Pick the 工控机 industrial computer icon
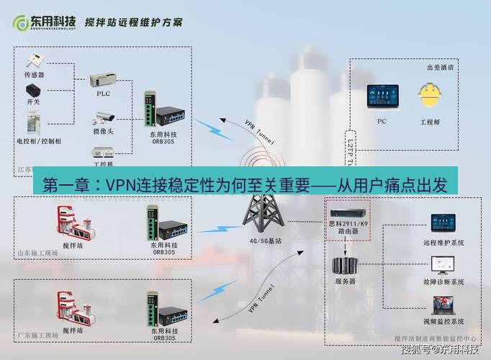pyautogui.click(x=104, y=151)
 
